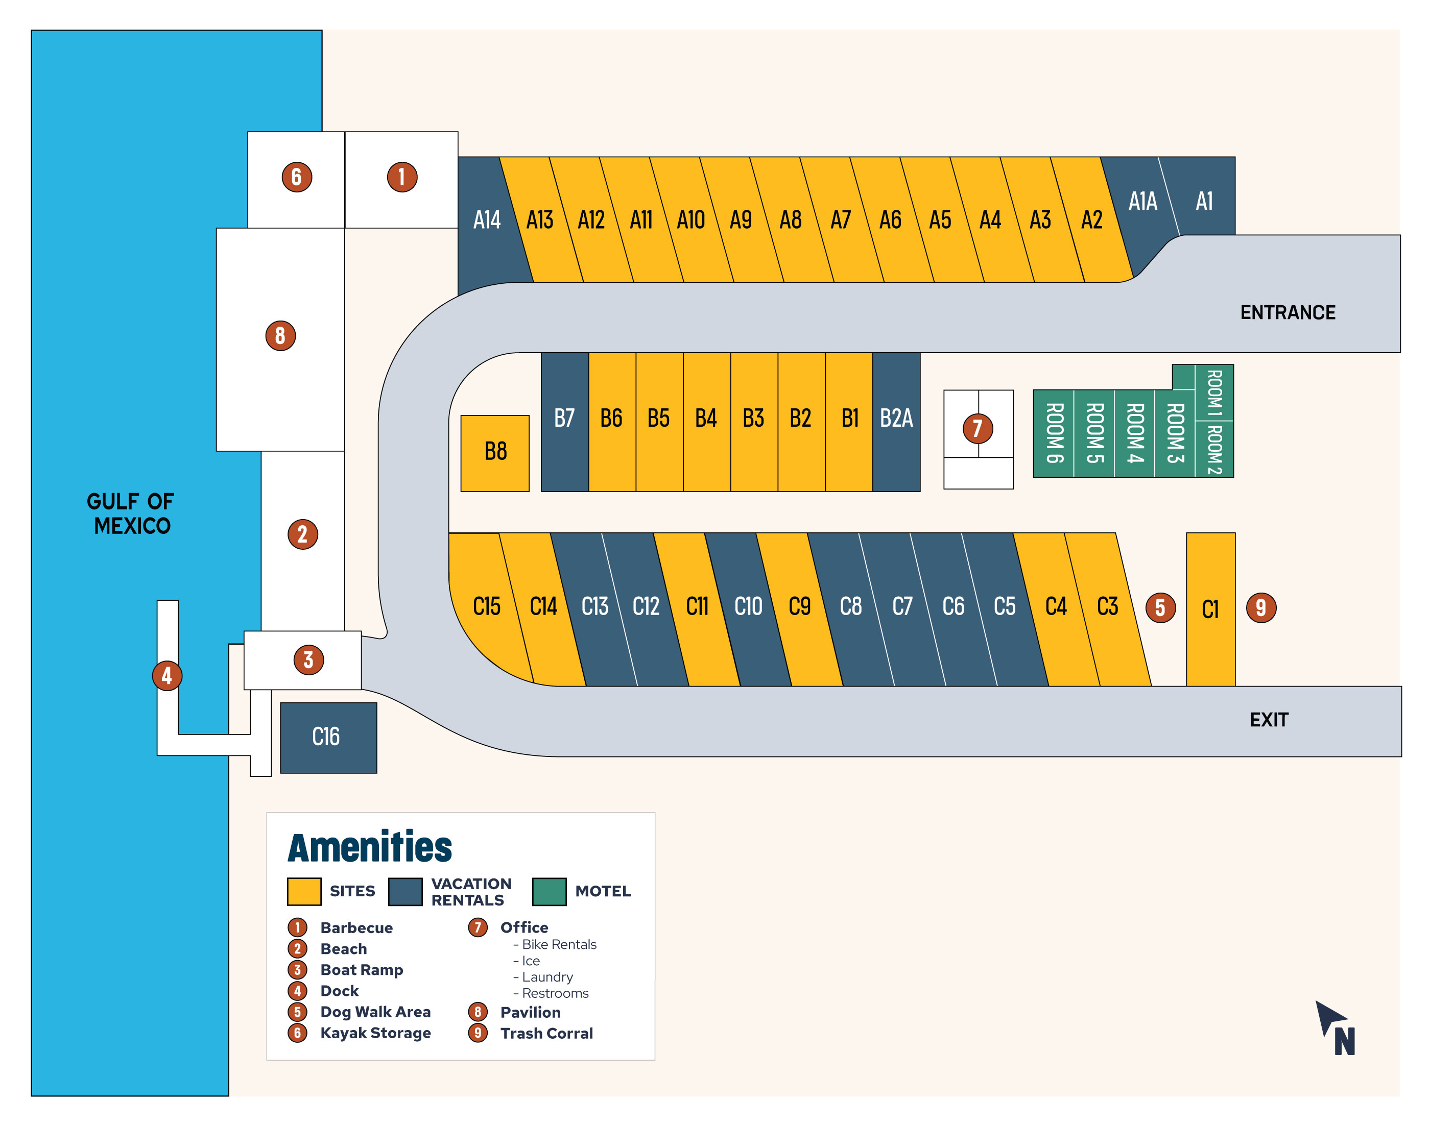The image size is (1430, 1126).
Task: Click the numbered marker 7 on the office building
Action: [978, 429]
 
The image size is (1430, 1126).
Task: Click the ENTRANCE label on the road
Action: [1288, 312]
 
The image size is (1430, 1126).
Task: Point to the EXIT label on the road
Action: [1269, 719]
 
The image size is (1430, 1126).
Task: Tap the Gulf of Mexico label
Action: [131, 513]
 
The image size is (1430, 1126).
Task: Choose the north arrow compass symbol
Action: [1335, 1028]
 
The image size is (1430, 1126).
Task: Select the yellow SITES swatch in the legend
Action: [304, 891]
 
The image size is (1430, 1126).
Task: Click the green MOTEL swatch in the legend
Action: [549, 891]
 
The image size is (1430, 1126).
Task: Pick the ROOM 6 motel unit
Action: [1054, 433]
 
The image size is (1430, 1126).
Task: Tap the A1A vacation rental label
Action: [1142, 201]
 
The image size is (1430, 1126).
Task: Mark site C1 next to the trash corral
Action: [1210, 609]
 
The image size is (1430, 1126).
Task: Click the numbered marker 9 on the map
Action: [1260, 607]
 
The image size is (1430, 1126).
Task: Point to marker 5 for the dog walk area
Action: [1160, 607]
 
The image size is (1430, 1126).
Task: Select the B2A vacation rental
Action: [896, 422]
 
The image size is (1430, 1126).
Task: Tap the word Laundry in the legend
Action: [547, 976]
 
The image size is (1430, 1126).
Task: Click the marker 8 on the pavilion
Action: [280, 335]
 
